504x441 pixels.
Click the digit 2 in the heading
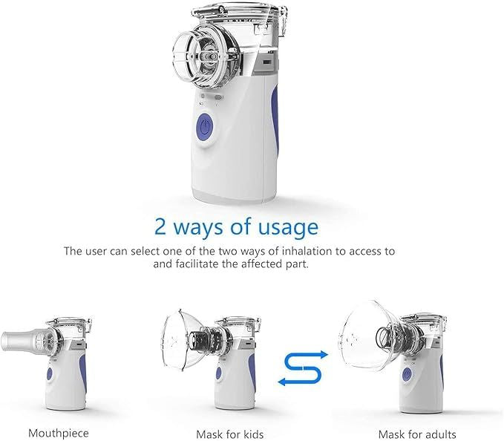point(161,226)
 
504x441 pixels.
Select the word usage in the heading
point(287,226)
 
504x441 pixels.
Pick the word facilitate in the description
point(203,264)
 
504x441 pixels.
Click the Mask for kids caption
point(229,434)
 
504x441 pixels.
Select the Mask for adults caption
point(417,434)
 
